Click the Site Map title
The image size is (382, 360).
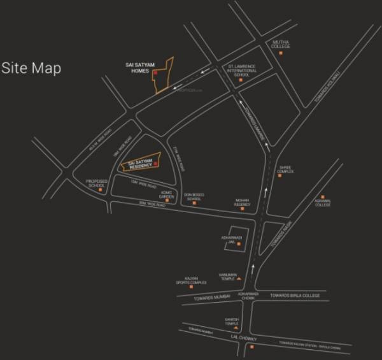coord(31,68)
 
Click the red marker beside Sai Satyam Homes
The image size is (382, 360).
coord(155,73)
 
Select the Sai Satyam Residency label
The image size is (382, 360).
coord(139,165)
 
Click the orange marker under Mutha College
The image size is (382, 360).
coord(280,54)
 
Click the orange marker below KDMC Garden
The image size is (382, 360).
coord(167,203)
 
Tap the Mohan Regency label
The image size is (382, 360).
coord(242,202)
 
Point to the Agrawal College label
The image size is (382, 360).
coord(322,204)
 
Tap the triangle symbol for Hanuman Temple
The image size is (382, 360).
coord(237,279)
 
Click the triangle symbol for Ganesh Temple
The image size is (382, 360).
coord(236,326)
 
